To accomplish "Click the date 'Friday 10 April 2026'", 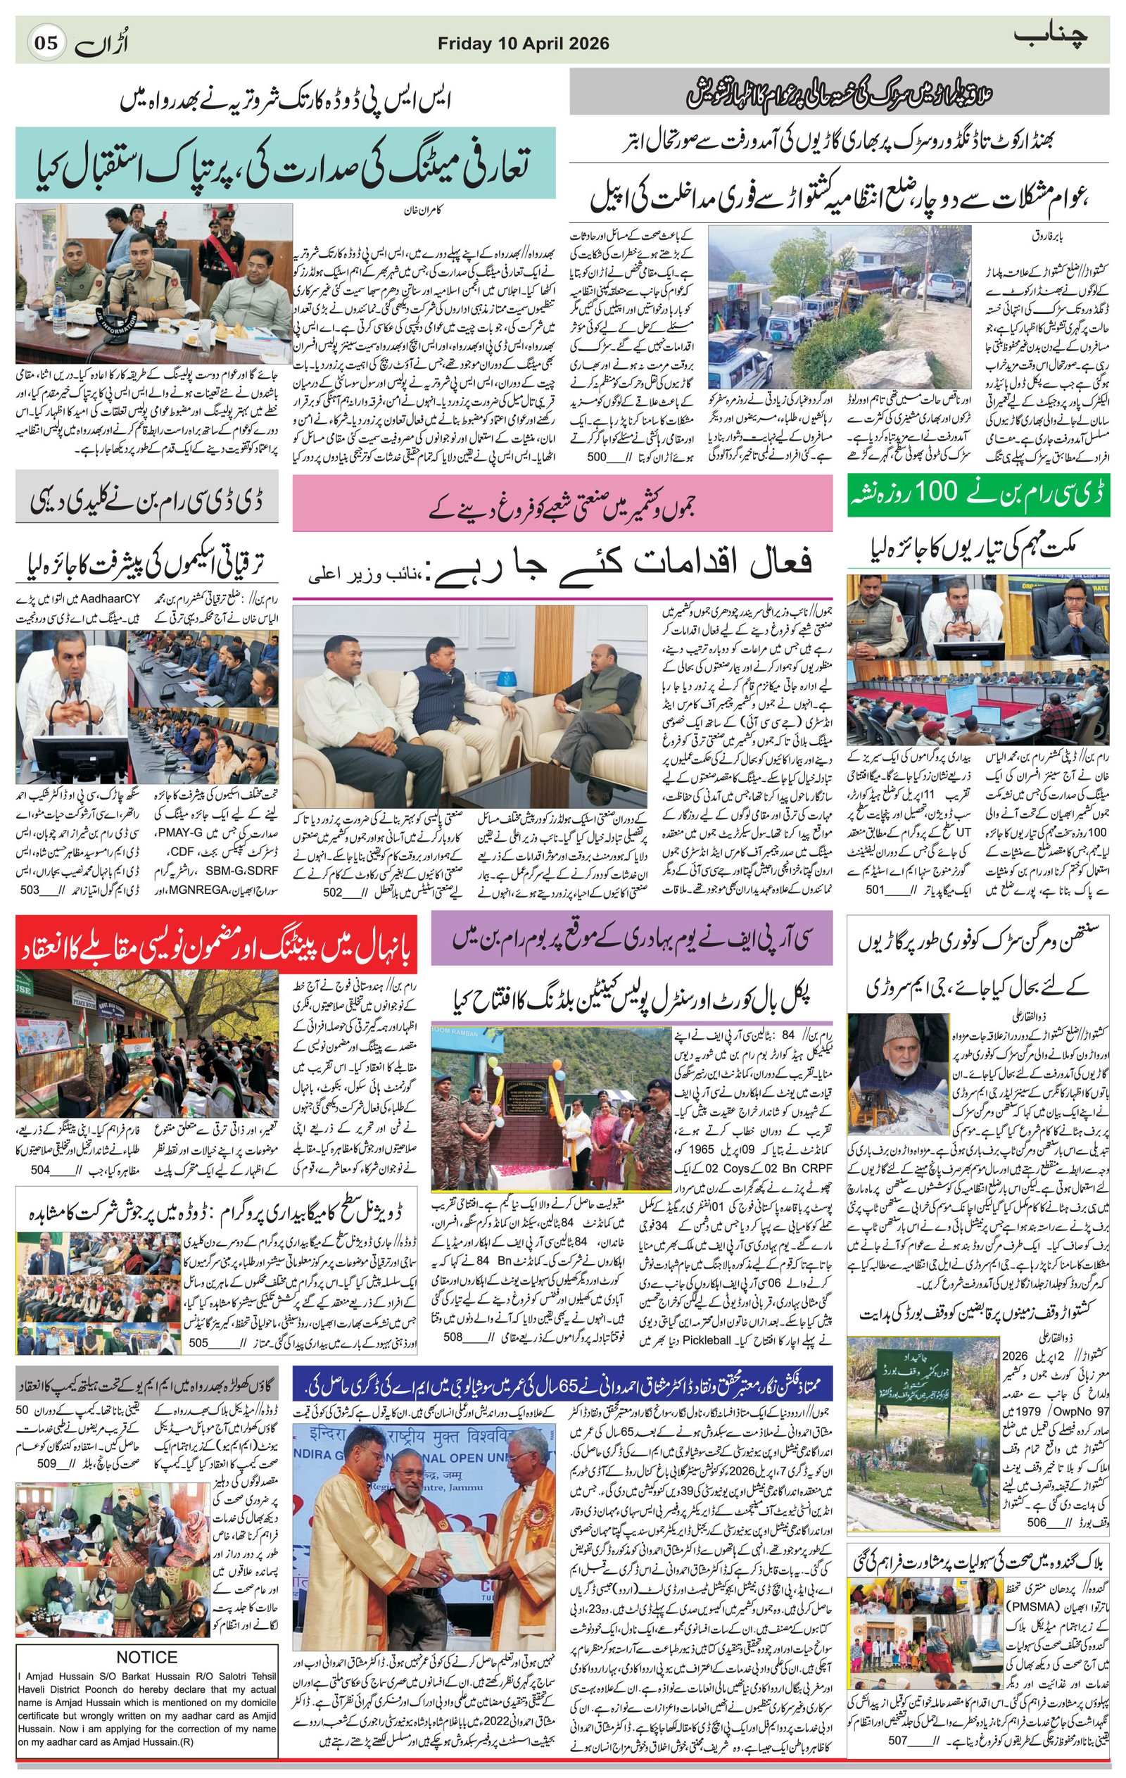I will point(523,44).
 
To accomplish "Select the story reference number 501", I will point(874,890).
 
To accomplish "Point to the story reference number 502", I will point(333,891).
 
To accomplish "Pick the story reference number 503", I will point(30,890).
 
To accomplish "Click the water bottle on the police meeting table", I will point(60,310).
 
